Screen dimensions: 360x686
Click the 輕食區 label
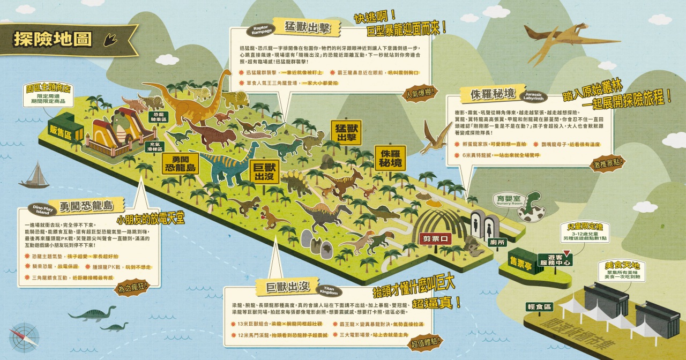540,306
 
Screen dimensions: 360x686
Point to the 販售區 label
61,130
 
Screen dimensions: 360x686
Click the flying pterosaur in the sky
554,40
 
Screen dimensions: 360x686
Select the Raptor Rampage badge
260,31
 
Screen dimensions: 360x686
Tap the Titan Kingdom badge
329,289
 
